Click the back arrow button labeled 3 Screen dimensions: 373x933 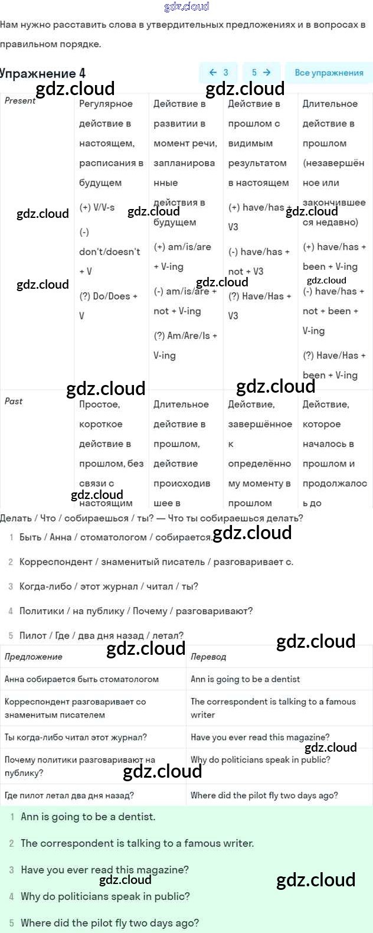coord(218,73)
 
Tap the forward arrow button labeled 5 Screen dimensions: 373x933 coord(261,73)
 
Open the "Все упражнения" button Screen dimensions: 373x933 coord(329,73)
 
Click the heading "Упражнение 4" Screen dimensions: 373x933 coord(42,74)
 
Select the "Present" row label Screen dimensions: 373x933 coord(20,101)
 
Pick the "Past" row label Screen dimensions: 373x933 coord(14,402)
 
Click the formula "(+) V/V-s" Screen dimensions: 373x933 coord(97,207)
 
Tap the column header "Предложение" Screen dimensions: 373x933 coord(34,657)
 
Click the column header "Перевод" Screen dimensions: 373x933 coord(208,657)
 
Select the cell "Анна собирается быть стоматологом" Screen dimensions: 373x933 coord(81,679)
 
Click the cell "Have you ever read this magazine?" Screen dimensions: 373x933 coord(260,737)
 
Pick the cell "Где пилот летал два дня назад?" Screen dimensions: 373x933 coord(69,795)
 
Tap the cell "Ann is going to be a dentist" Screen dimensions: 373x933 coord(245,679)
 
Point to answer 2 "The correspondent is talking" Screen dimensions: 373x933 coord(137,843)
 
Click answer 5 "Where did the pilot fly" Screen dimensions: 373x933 coord(110,922)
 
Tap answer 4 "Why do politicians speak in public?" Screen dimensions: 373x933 coord(105,896)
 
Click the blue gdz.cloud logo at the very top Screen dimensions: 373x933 coord(186,6)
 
